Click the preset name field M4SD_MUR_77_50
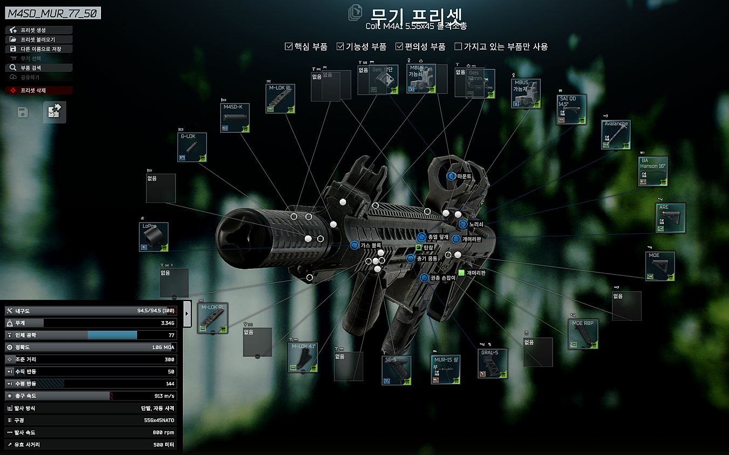(53, 13)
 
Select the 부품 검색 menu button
(39, 68)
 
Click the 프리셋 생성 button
(39, 30)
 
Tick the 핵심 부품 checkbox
(289, 46)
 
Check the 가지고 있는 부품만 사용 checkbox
(459, 46)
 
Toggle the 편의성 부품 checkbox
(400, 46)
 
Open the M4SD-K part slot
(235, 118)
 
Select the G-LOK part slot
(192, 147)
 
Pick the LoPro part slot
(154, 237)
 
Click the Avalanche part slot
(616, 134)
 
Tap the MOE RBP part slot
(583, 334)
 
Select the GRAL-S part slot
(493, 363)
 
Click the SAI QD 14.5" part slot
(571, 110)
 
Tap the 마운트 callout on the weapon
(464, 176)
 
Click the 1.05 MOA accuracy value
(162, 347)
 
